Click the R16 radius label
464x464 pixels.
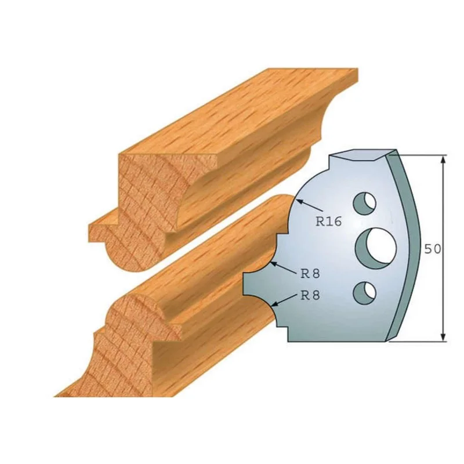(328, 221)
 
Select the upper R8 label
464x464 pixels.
(310, 274)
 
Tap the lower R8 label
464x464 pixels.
(310, 295)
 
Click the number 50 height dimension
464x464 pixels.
(432, 249)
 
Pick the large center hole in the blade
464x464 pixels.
(376, 246)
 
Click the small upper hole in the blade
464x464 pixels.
(365, 204)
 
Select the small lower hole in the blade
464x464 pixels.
(365, 293)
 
